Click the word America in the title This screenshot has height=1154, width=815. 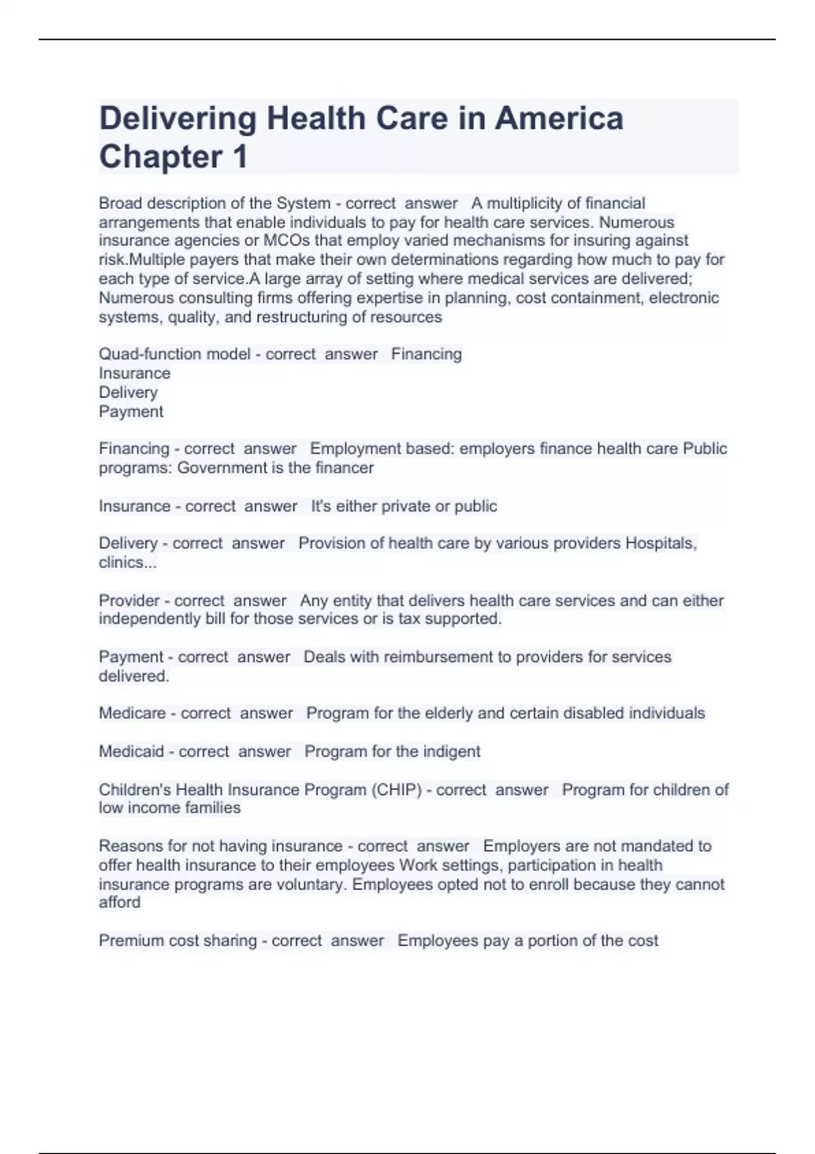(559, 119)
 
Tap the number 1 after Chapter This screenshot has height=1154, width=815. (240, 157)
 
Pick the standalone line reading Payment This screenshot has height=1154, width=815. (131, 412)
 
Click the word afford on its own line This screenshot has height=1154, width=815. (120, 903)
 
